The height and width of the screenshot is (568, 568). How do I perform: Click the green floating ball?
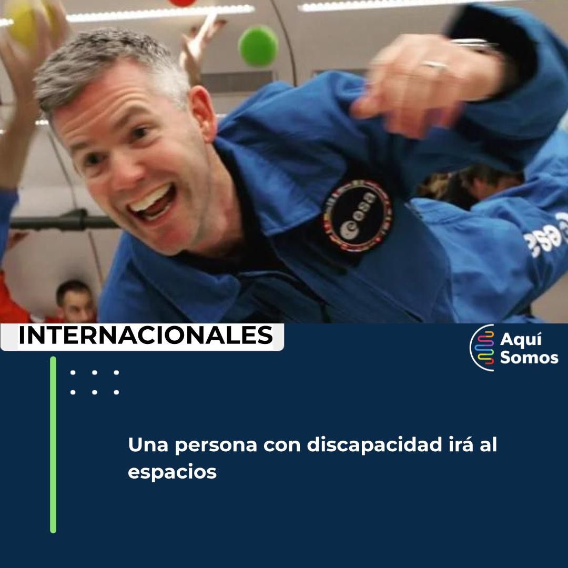(258, 46)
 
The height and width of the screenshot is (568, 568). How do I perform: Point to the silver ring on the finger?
(435, 65)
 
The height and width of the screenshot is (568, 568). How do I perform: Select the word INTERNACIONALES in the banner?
(146, 336)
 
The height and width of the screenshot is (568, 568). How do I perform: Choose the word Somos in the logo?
(529, 358)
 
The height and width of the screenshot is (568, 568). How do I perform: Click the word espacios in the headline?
(172, 472)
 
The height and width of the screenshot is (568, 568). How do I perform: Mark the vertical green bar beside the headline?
(53, 444)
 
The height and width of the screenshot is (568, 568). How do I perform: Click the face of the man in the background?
(76, 302)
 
